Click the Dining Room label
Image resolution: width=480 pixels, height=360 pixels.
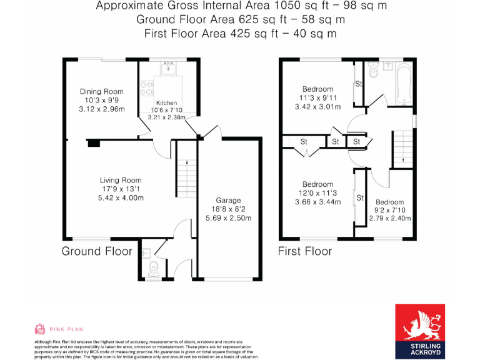(x=101, y=92)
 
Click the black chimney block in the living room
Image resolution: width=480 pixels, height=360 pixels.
(x=94, y=143)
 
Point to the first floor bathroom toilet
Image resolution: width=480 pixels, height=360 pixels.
(x=374, y=71)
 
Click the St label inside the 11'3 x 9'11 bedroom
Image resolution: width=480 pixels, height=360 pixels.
(x=359, y=84)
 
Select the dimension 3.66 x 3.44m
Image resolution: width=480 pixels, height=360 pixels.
(x=317, y=202)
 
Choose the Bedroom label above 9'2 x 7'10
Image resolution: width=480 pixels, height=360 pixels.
(x=389, y=202)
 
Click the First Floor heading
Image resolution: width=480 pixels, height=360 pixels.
(x=305, y=251)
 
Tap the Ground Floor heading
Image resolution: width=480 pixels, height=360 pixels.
(x=97, y=251)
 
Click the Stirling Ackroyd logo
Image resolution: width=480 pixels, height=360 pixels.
(x=426, y=331)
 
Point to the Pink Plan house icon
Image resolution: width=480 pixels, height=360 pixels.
(x=39, y=329)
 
